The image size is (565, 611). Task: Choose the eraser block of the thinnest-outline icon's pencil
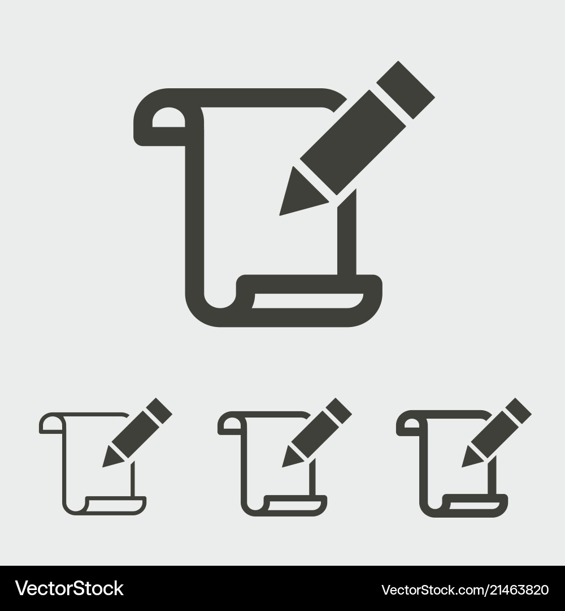[160, 410]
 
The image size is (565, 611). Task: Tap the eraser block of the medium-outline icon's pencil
[340, 410]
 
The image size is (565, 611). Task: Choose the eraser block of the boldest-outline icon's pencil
[519, 410]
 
